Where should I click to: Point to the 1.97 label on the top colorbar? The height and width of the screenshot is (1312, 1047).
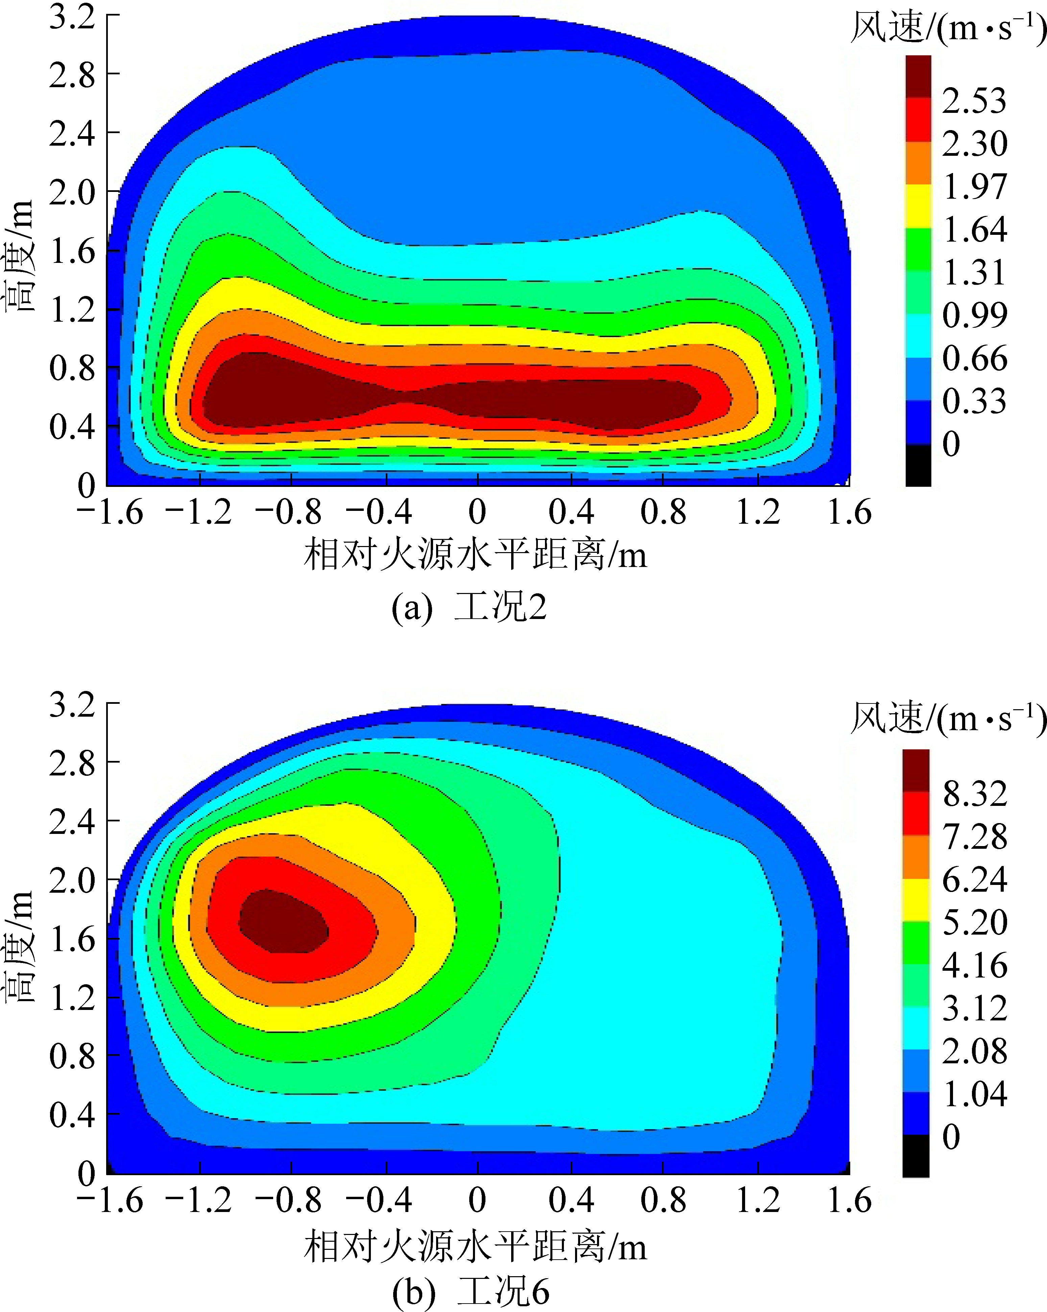974,186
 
